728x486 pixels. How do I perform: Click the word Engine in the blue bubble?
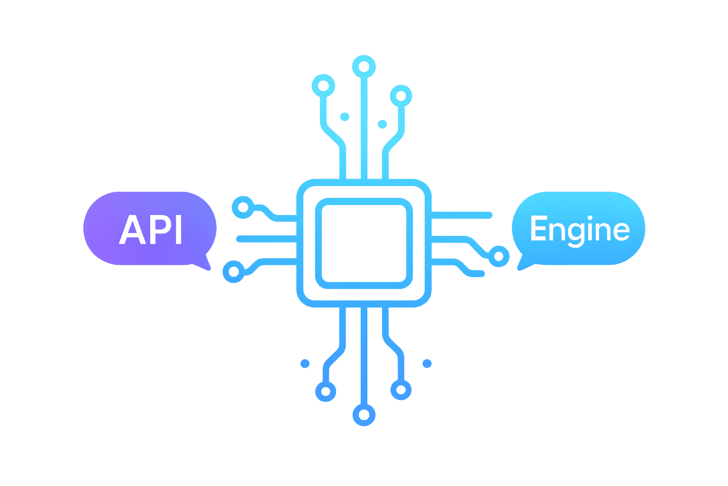[579, 230]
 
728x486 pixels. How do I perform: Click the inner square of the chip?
[364, 243]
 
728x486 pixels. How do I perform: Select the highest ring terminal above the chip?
[364, 67]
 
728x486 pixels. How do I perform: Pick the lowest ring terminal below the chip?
[364, 415]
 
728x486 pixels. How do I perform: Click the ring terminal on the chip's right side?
[498, 256]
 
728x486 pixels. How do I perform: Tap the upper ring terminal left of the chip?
[243, 207]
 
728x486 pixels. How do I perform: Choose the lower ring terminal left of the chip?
[234, 272]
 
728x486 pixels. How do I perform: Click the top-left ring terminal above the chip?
[323, 86]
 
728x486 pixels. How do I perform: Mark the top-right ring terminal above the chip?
[401, 96]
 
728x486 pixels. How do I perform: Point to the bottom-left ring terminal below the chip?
[326, 391]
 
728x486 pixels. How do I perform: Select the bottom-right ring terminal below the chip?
[401, 390]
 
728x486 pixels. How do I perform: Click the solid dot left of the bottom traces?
[305, 364]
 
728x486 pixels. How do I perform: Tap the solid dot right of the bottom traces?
[427, 364]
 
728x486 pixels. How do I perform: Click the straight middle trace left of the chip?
[265, 239]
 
